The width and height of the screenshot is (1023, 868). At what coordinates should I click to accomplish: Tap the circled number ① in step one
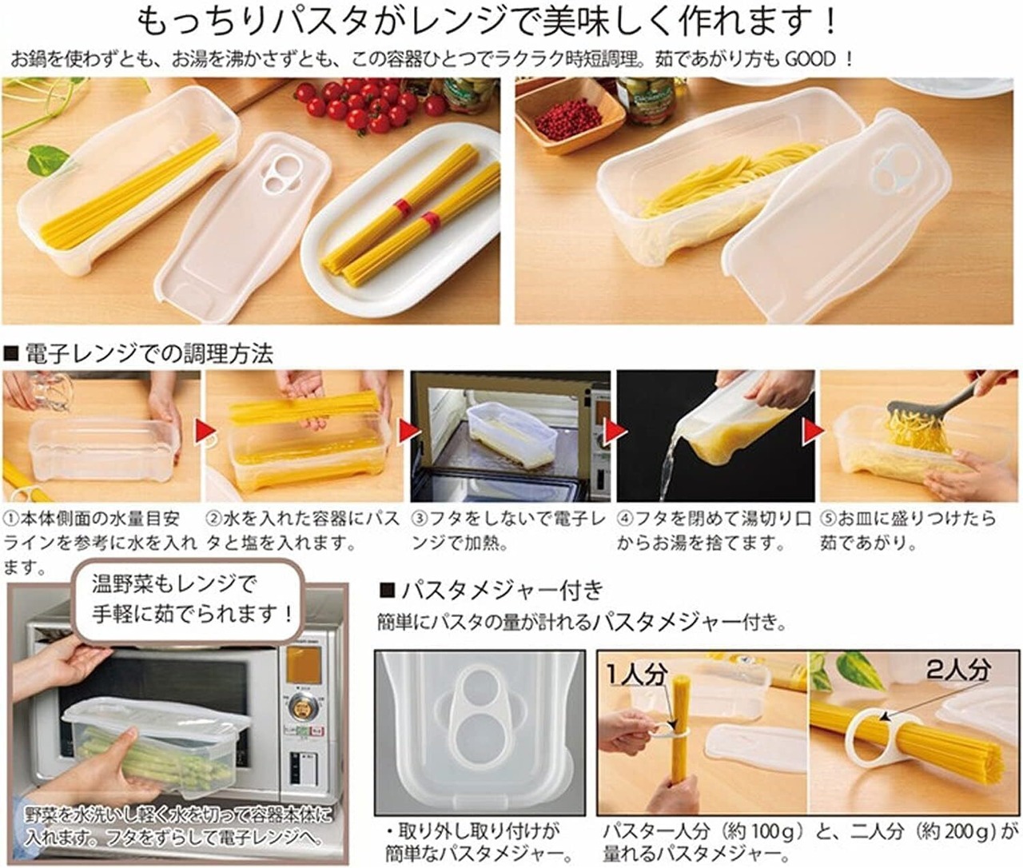(11, 519)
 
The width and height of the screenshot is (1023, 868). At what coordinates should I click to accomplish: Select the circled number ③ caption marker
(420, 519)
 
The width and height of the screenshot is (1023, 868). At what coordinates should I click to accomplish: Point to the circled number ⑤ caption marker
(828, 519)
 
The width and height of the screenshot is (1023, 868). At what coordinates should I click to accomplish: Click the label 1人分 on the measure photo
(638, 675)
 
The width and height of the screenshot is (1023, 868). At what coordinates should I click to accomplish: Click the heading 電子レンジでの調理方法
(149, 353)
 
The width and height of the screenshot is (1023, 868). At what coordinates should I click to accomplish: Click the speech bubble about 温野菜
(189, 600)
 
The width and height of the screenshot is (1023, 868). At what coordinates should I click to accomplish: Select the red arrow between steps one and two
(204, 432)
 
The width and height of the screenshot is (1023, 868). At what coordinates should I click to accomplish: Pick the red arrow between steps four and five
(814, 432)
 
